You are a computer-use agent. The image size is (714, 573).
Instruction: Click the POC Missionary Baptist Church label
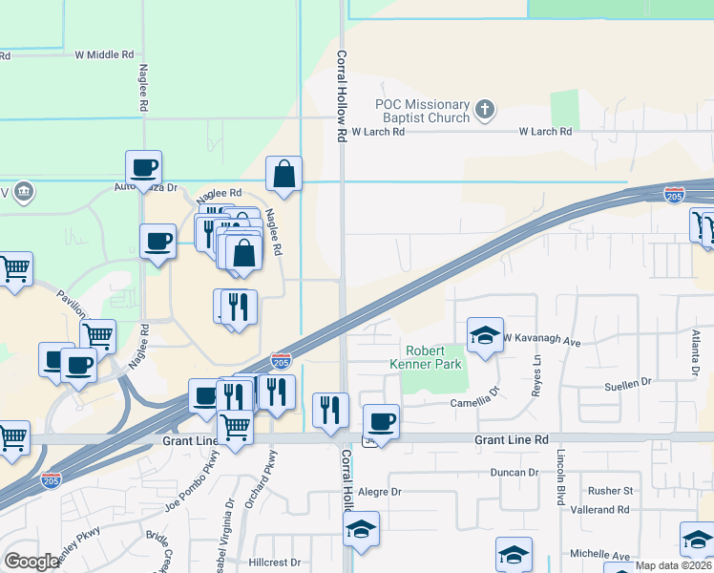pos(423,111)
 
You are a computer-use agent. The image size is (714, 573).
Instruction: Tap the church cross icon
pos(485,109)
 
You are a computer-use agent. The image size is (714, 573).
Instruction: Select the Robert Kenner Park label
pos(432,357)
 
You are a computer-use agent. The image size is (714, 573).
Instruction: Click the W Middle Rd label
pos(105,54)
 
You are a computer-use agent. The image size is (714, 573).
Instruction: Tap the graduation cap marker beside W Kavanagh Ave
pos(485,335)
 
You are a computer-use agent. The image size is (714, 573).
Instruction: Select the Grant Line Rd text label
pos(512,439)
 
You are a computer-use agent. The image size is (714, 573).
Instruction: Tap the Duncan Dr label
pos(514,472)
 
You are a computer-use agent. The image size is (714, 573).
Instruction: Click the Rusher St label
pos(610,491)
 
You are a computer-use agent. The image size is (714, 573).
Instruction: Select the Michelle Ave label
pos(600,556)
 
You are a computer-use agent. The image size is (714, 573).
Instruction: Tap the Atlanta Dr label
pos(696,353)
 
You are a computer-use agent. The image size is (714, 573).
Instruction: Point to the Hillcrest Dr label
pos(275,562)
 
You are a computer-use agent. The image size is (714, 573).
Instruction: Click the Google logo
pos(32,562)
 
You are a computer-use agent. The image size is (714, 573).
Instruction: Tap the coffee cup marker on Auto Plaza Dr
pos(143,168)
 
